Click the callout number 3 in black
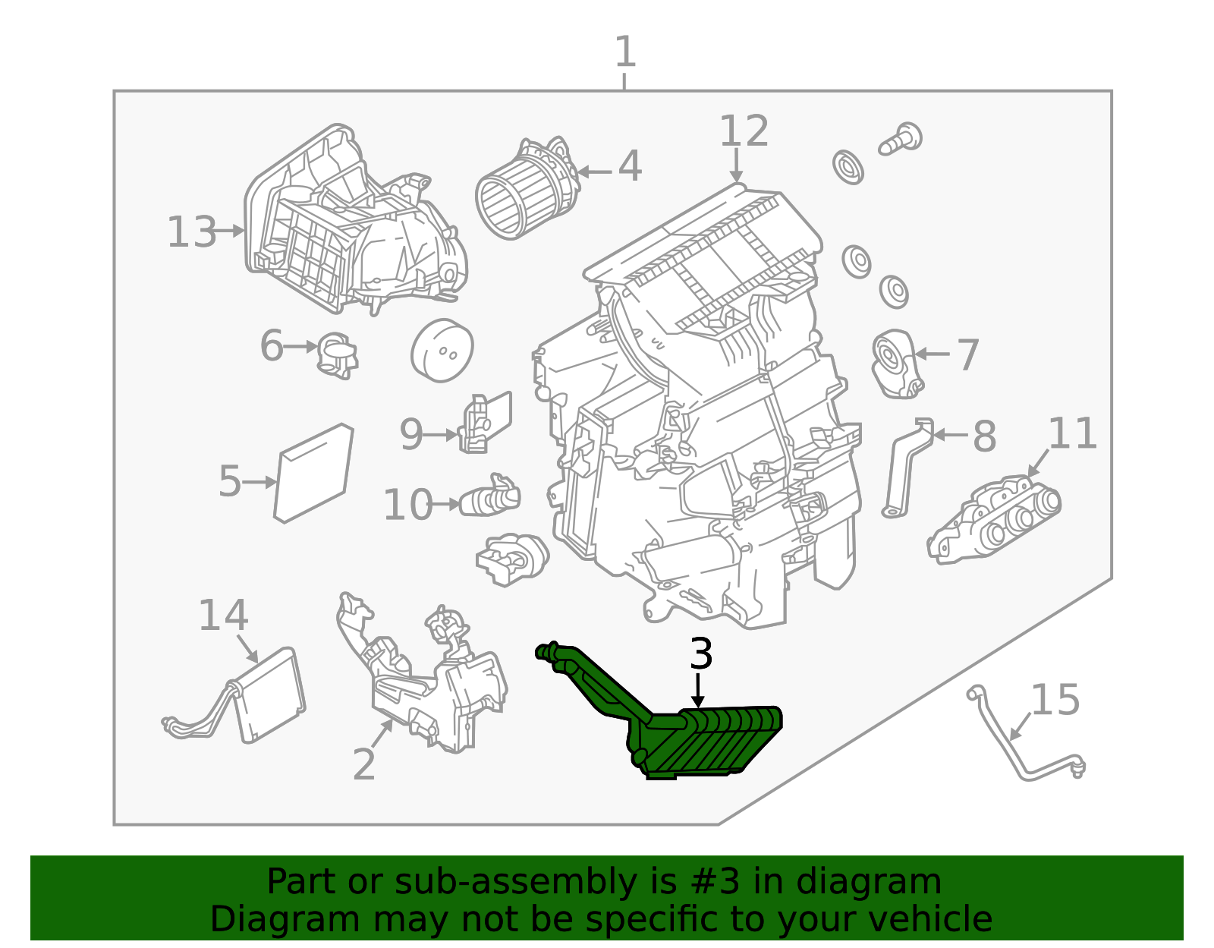[x=701, y=654]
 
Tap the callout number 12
[x=744, y=131]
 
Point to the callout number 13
[x=191, y=231]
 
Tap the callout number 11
[x=1072, y=433]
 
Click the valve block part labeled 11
[x=994, y=520]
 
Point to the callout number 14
[x=222, y=615]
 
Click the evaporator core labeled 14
[x=269, y=694]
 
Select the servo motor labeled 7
[x=895, y=364]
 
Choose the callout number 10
[x=407, y=505]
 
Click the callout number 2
[x=364, y=764]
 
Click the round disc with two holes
[x=442, y=350]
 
